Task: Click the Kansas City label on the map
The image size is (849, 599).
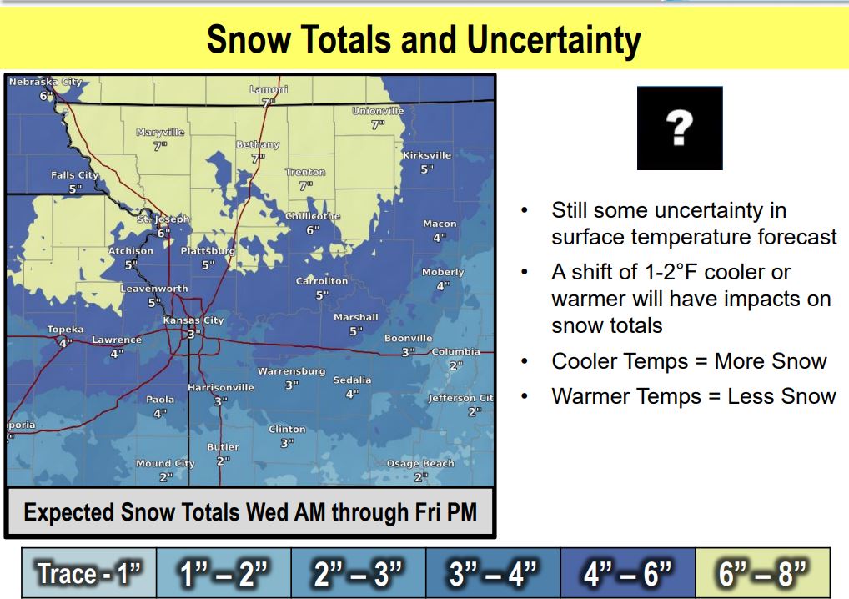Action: coord(193,320)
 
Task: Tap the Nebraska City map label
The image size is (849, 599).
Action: coord(46,82)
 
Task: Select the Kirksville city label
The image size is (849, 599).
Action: coord(427,155)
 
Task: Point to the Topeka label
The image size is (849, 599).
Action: coord(65,330)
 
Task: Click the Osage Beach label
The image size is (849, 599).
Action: coord(420,464)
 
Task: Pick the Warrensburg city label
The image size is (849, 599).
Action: coord(291,371)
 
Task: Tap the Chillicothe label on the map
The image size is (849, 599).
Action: coord(313,216)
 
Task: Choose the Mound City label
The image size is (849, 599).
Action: coord(165,464)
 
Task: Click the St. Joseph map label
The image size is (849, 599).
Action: coord(163,219)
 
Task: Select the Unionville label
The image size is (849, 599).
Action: coord(378,111)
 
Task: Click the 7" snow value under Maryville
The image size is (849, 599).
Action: coord(160,146)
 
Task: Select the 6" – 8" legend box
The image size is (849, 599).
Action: coord(762,573)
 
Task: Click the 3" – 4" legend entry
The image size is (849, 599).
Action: coord(493,573)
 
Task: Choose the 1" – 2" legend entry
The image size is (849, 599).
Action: coord(224,573)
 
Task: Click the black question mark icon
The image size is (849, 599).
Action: coord(680,128)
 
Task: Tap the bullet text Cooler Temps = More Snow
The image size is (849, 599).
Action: coord(689,361)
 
